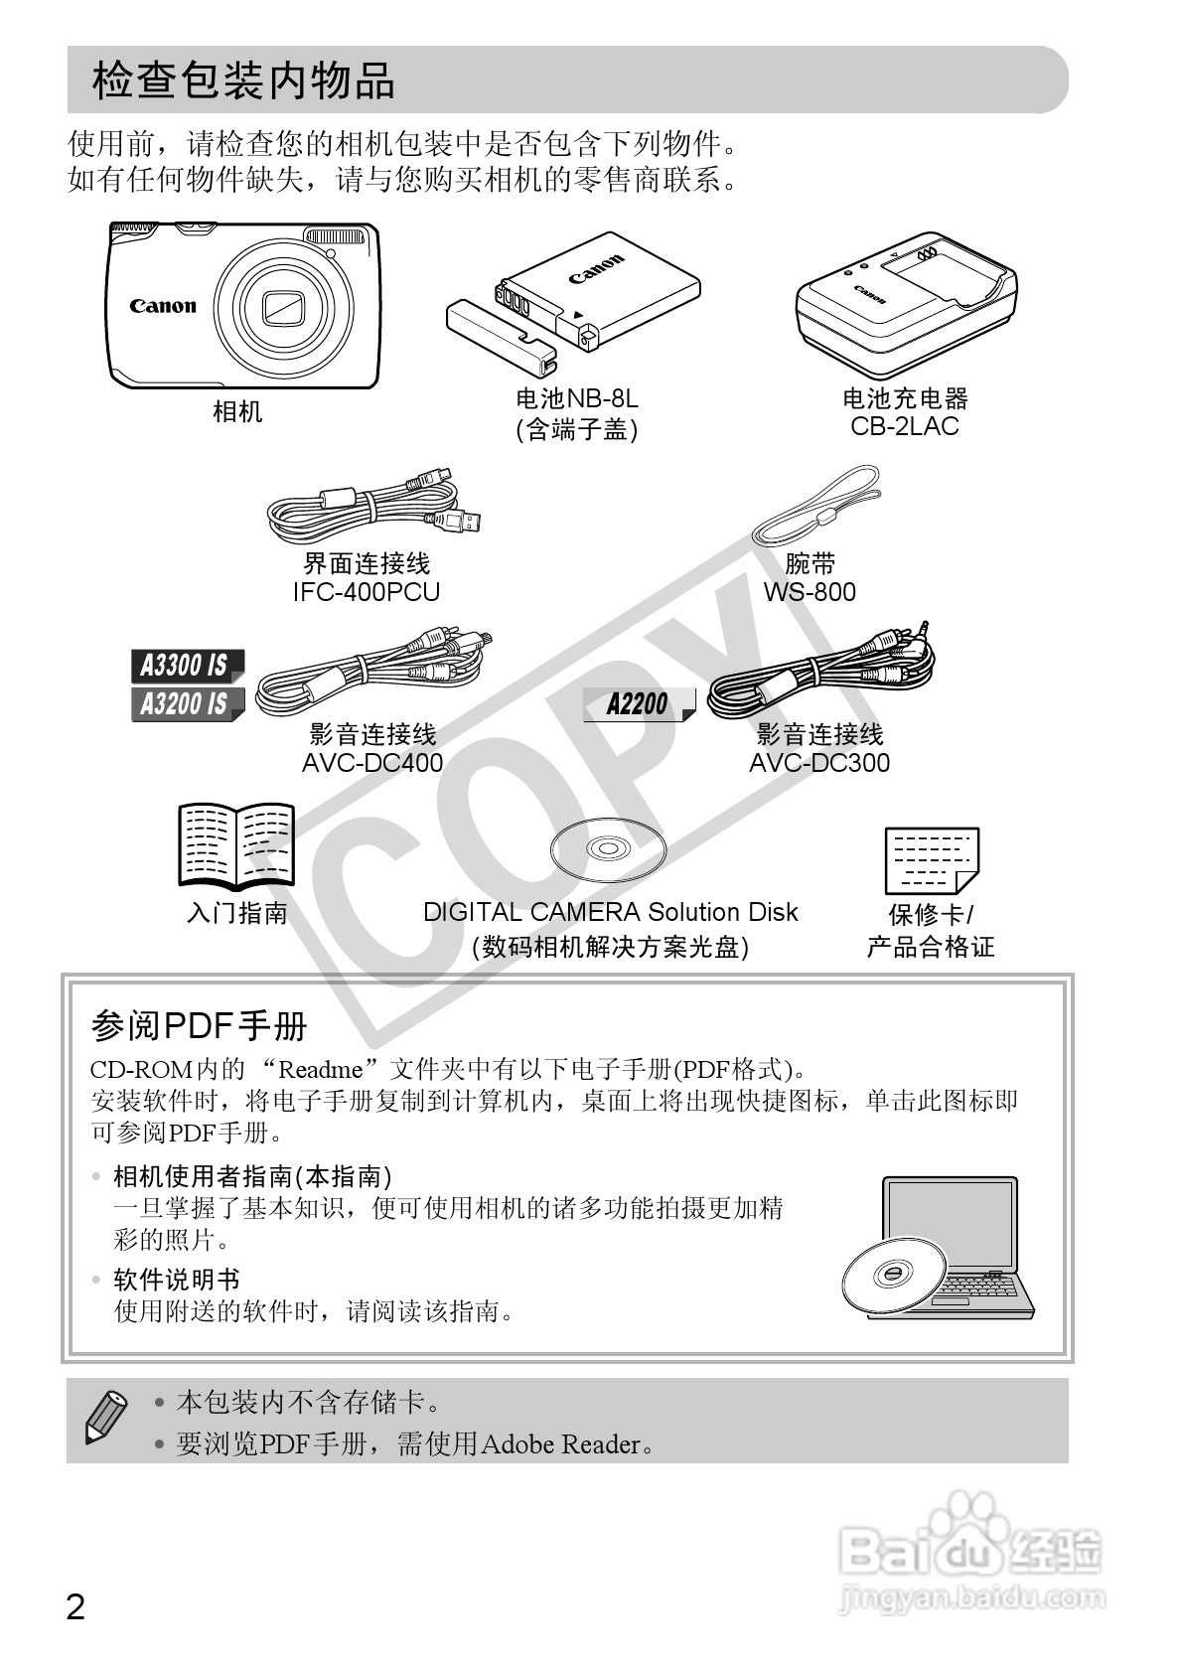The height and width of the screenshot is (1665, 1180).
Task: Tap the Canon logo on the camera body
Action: click(x=163, y=306)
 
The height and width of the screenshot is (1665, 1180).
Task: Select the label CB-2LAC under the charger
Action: click(x=904, y=426)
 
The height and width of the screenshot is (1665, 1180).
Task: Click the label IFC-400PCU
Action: click(x=367, y=592)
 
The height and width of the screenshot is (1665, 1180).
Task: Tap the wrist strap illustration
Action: click(x=817, y=507)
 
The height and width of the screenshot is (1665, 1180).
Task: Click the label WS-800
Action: click(x=810, y=592)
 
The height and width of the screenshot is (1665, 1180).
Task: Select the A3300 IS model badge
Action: click(x=185, y=666)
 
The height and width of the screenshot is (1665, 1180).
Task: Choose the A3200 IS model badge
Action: click(x=185, y=704)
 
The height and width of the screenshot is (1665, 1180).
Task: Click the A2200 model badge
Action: click(x=638, y=704)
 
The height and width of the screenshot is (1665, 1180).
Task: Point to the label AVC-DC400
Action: click(x=372, y=763)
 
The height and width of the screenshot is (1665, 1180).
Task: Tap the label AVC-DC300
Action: click(x=819, y=763)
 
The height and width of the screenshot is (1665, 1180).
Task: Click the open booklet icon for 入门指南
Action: click(x=236, y=844)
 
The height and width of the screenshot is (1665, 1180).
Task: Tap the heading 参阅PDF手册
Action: click(x=199, y=1025)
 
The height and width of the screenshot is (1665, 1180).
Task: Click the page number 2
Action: click(x=75, y=1605)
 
